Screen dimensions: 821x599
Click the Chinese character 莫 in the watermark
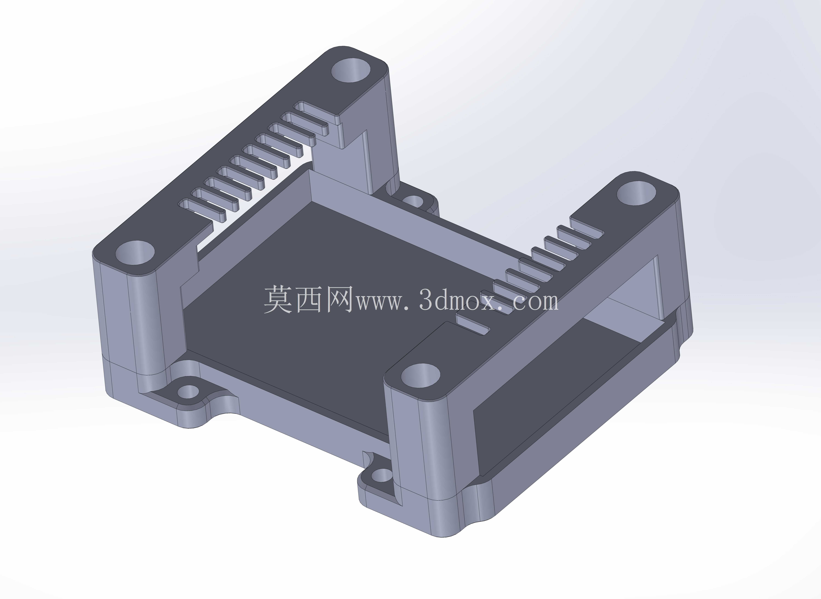(x=278, y=299)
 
